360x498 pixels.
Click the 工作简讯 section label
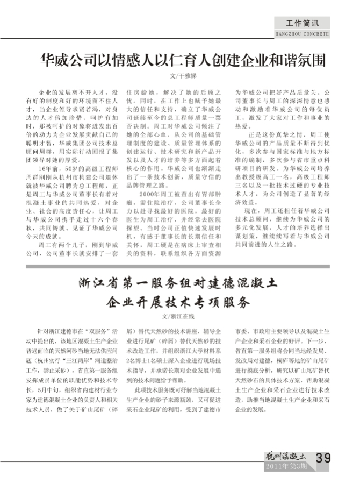tap(303, 24)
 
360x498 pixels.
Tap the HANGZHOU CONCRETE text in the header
tap(301, 34)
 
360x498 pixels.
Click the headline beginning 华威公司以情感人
tap(183, 59)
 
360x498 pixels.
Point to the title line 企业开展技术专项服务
tap(178, 301)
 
